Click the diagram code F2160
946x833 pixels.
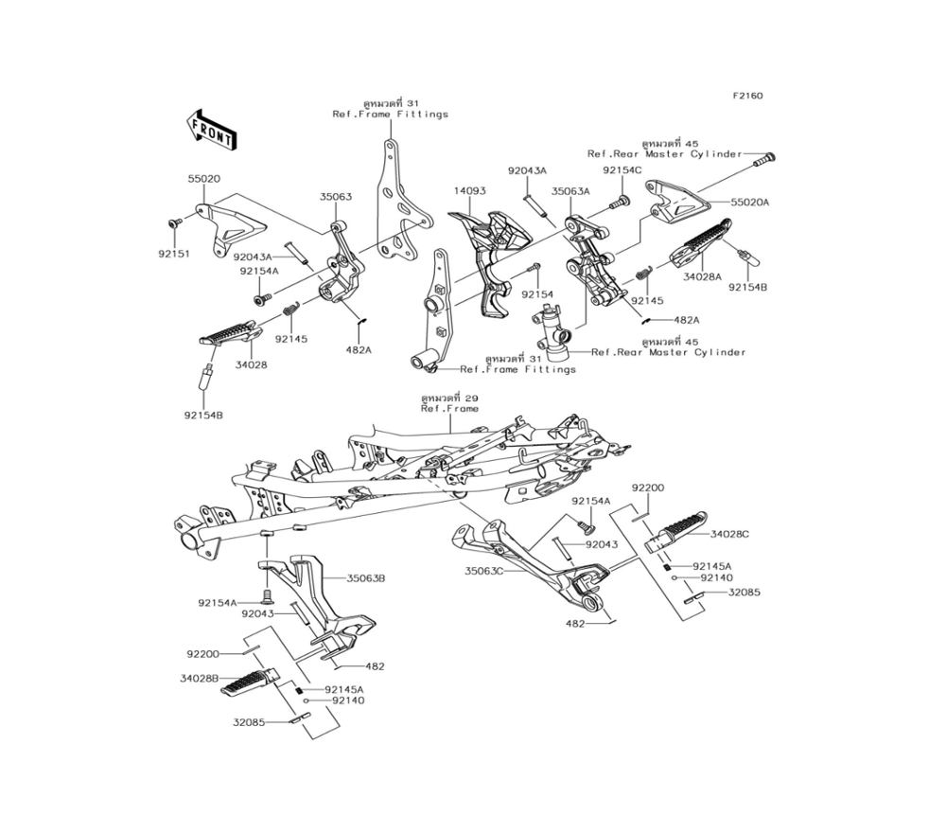tap(746, 96)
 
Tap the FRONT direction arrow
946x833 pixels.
tap(211, 130)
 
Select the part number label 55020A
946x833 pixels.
tap(750, 203)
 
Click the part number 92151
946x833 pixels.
tap(173, 254)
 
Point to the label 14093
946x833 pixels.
tap(469, 190)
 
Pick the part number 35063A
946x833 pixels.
tap(570, 190)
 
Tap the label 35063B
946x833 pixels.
tap(365, 576)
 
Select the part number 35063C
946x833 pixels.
tap(484, 571)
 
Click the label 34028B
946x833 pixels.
tap(200, 678)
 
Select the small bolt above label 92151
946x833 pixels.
tap(174, 222)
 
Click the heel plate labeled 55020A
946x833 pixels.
tap(679, 204)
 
